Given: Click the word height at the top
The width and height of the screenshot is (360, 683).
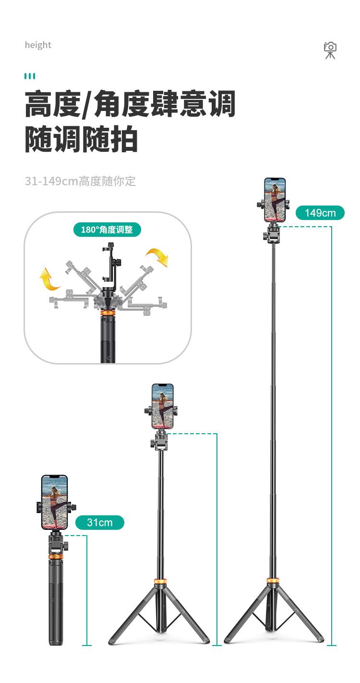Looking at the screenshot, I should click(38, 45).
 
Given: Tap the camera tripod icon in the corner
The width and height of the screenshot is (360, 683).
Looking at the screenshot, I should click(330, 50).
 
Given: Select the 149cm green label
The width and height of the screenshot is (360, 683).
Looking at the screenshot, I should click(320, 212).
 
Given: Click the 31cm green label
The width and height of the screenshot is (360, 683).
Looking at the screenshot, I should click(100, 522).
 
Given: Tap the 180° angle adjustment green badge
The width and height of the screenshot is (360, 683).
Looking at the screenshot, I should click(107, 230).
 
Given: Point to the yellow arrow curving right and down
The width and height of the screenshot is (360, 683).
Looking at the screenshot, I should click(158, 257).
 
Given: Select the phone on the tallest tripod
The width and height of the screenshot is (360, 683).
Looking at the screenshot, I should click(275, 200).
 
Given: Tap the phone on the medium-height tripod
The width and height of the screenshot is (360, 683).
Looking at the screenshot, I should click(162, 406).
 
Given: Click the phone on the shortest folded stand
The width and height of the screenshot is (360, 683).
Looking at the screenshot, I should click(54, 502).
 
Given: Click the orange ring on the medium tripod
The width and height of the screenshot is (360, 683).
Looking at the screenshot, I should click(160, 583).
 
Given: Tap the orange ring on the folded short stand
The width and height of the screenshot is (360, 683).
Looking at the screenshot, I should click(56, 556).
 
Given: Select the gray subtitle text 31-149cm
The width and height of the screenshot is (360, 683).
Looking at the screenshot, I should click(80, 181).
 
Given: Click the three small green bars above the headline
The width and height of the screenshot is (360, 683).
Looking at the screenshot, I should click(30, 76).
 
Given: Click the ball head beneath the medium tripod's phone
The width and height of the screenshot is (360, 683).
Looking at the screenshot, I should click(160, 439).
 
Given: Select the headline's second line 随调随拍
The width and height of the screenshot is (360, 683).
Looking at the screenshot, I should click(82, 140).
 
